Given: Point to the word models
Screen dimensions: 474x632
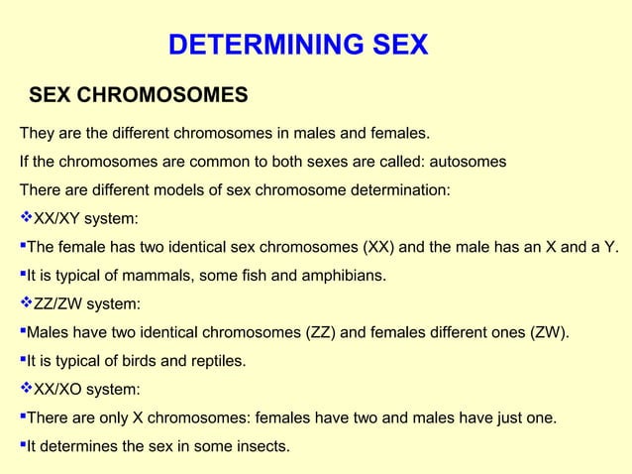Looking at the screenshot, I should tap(199, 189).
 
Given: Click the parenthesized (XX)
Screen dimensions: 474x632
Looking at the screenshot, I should tap(381, 246).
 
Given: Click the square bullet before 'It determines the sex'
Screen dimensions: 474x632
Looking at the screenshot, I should tap(22, 446).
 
